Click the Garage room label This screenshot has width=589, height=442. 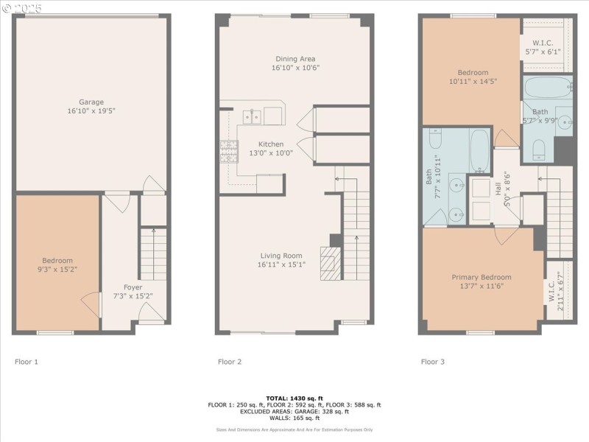click(91, 102)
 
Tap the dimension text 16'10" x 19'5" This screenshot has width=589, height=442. click(91, 110)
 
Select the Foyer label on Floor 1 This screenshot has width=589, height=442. click(133, 287)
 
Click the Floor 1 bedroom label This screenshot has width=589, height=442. click(57, 261)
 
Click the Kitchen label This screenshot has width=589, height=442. click(271, 144)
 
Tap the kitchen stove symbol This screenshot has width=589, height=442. click(228, 150)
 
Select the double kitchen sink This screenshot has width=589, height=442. click(253, 116)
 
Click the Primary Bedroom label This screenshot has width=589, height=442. click(481, 277)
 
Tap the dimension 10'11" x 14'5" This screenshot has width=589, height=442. click(473, 81)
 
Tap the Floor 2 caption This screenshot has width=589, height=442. click(229, 362)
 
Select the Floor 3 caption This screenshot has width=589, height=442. click(432, 362)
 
